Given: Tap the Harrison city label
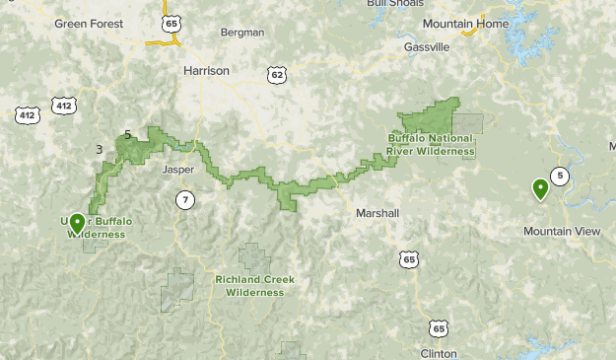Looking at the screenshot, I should click(x=206, y=71).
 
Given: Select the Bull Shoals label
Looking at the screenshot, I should click(x=388, y=4).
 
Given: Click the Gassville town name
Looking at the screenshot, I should click(x=427, y=46).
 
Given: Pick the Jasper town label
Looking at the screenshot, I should click(x=177, y=170).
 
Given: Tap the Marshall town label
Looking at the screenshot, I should click(x=377, y=213).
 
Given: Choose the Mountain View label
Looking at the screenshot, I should click(x=561, y=231).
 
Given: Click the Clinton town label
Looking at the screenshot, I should click(x=438, y=352).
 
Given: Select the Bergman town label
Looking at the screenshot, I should click(x=243, y=33).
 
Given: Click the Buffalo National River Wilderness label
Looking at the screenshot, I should click(x=431, y=145).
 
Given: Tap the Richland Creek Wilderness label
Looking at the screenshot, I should click(x=254, y=285).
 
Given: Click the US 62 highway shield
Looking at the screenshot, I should click(x=277, y=74).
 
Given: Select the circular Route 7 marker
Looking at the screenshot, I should click(x=185, y=200).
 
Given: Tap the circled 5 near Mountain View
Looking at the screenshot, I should click(x=560, y=177).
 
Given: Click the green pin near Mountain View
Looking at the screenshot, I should click(x=540, y=188).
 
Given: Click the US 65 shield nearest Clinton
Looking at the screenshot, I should click(x=437, y=326).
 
